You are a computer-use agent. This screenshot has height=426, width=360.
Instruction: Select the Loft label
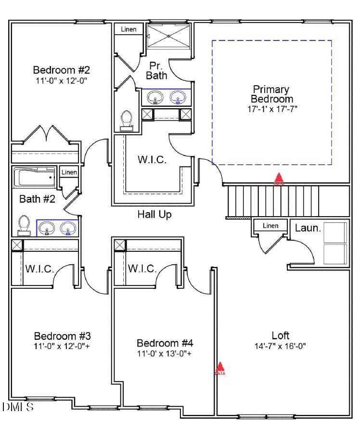click(280, 336)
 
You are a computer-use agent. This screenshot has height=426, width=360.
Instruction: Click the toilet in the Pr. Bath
click(127, 119)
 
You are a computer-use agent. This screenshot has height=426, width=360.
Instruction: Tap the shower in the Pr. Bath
click(168, 36)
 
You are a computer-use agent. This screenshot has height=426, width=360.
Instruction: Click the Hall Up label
click(154, 214)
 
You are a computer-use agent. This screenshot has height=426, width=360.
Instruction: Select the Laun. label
click(308, 228)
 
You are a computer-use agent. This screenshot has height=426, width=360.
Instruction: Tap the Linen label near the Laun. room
click(270, 226)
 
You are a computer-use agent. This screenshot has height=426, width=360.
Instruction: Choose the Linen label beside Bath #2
click(69, 172)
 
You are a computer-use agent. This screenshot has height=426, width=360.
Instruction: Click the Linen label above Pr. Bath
click(129, 29)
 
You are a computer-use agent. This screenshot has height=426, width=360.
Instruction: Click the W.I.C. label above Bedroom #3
click(40, 269)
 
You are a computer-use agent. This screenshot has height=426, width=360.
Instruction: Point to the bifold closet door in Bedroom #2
click(47, 134)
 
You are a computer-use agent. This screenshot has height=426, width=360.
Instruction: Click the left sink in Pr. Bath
click(154, 98)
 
